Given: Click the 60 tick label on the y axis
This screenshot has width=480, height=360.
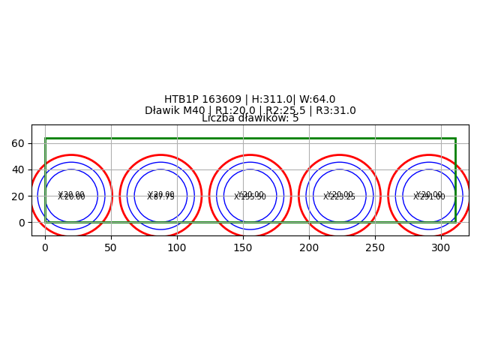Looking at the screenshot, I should coord(18,143).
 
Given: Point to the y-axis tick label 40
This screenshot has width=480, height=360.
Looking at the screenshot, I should coord(18,169).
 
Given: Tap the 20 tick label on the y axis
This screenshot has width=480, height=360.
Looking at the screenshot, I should coord(18,196).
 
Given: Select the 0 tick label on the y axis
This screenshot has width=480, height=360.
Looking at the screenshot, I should coord(21,223).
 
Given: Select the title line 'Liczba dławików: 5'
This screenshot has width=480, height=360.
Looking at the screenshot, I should coord(250,118).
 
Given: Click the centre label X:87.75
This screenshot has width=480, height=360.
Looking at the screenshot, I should coord(160,197).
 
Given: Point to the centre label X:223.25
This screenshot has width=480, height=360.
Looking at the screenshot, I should coord(340,197).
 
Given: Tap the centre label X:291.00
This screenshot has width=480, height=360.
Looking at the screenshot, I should coord(429,197).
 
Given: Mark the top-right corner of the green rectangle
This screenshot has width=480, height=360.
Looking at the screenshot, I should coord(455,138).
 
